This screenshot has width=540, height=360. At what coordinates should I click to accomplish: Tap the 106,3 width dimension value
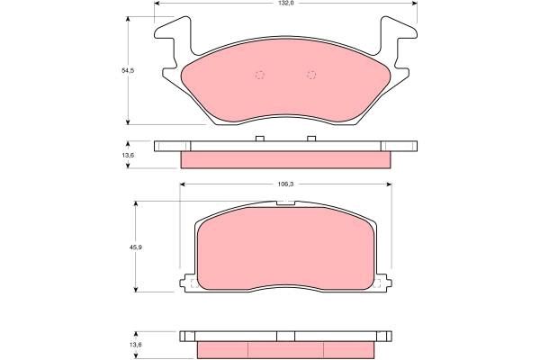284,184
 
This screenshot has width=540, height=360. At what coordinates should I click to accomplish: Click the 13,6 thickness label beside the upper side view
128,154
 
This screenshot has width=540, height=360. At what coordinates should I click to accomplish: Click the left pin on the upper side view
259,139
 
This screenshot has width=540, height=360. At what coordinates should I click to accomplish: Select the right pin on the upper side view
311,139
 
